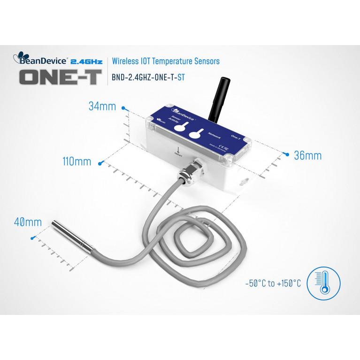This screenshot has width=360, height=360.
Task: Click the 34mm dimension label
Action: tap(102, 107)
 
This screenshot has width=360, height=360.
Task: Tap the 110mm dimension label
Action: tap(77, 162)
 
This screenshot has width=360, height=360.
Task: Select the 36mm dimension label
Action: tap(307, 155)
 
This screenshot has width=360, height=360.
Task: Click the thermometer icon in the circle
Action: tap(323, 283)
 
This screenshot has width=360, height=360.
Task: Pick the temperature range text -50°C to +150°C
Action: tap(273, 283)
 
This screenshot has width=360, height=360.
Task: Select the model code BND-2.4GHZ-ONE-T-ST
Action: tap(148, 78)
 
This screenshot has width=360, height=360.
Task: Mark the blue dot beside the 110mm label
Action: tap(100, 163)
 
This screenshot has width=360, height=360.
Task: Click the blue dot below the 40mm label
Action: tap(32, 238)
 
